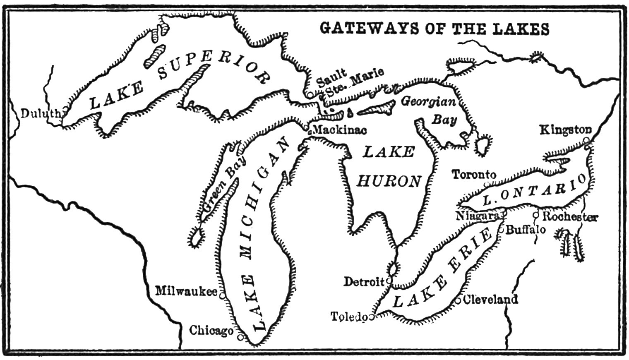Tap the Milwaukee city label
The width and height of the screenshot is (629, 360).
186,291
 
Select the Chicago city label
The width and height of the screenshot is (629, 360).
211,331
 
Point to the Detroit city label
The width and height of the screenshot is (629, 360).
365,282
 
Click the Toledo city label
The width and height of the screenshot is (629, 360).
349,317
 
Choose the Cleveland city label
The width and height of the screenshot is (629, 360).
491,299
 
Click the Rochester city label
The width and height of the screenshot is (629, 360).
570,216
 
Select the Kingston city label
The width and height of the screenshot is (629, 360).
566,130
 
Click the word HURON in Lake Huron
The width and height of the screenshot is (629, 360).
389,181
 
